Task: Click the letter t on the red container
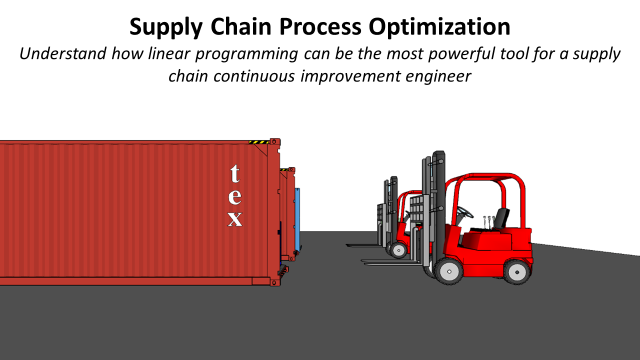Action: pyautogui.click(x=235, y=172)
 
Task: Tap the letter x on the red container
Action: pyautogui.click(x=235, y=219)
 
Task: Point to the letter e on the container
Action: pyautogui.click(x=235, y=196)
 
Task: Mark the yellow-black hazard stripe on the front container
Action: pyautogui.click(x=259, y=142)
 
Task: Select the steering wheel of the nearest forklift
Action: pyautogui.click(x=464, y=211)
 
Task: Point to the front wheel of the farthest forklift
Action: pyautogui.click(x=399, y=246)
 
